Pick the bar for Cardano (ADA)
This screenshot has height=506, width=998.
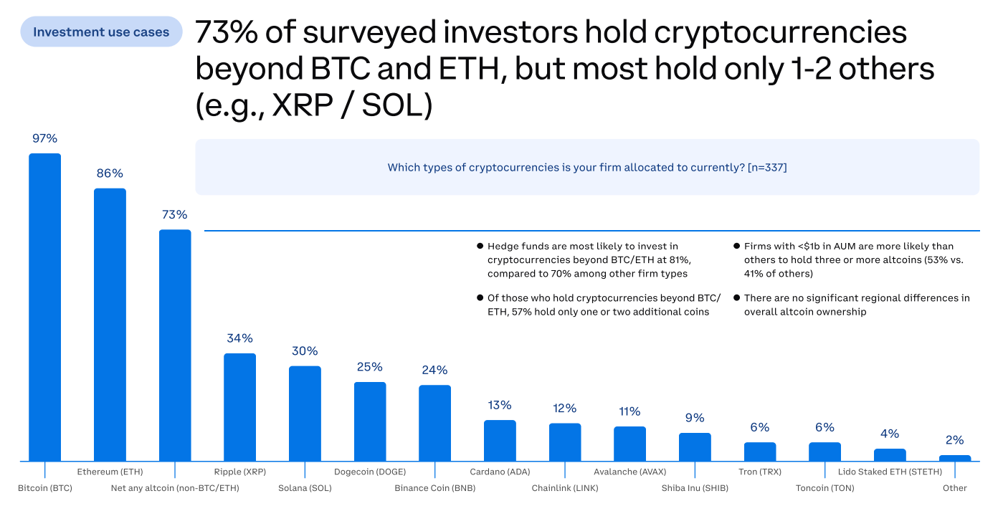500,440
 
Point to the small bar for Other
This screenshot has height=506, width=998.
954,458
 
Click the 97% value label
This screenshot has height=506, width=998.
44,138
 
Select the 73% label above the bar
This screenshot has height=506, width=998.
174,214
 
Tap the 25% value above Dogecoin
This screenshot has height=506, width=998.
370,367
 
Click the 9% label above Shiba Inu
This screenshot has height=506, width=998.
695,418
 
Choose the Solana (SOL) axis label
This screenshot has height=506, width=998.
305,488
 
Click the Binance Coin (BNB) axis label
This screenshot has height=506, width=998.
434,488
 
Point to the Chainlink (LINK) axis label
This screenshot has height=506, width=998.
565,488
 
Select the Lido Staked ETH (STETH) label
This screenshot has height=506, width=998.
890,472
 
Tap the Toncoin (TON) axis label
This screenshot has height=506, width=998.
824,488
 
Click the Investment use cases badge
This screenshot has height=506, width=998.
101,32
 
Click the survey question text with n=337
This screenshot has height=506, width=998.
586,167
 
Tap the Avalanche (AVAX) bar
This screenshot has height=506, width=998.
629,444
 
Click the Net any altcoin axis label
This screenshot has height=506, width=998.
175,488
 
